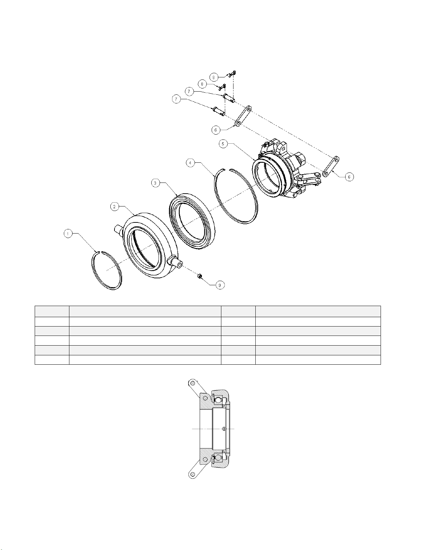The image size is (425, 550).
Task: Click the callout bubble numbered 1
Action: (x=68, y=234)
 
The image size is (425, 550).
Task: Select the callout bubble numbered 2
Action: (x=114, y=207)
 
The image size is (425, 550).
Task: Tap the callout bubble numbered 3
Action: (x=155, y=183)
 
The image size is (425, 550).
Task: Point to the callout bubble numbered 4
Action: (x=190, y=163)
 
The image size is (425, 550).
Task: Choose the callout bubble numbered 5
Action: (x=223, y=144)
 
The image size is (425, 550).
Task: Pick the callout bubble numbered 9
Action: (x=220, y=285)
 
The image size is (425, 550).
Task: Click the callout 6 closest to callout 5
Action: (x=215, y=130)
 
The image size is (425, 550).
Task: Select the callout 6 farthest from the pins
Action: (x=349, y=177)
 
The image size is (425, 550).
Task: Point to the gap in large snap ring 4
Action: (x=226, y=169)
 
